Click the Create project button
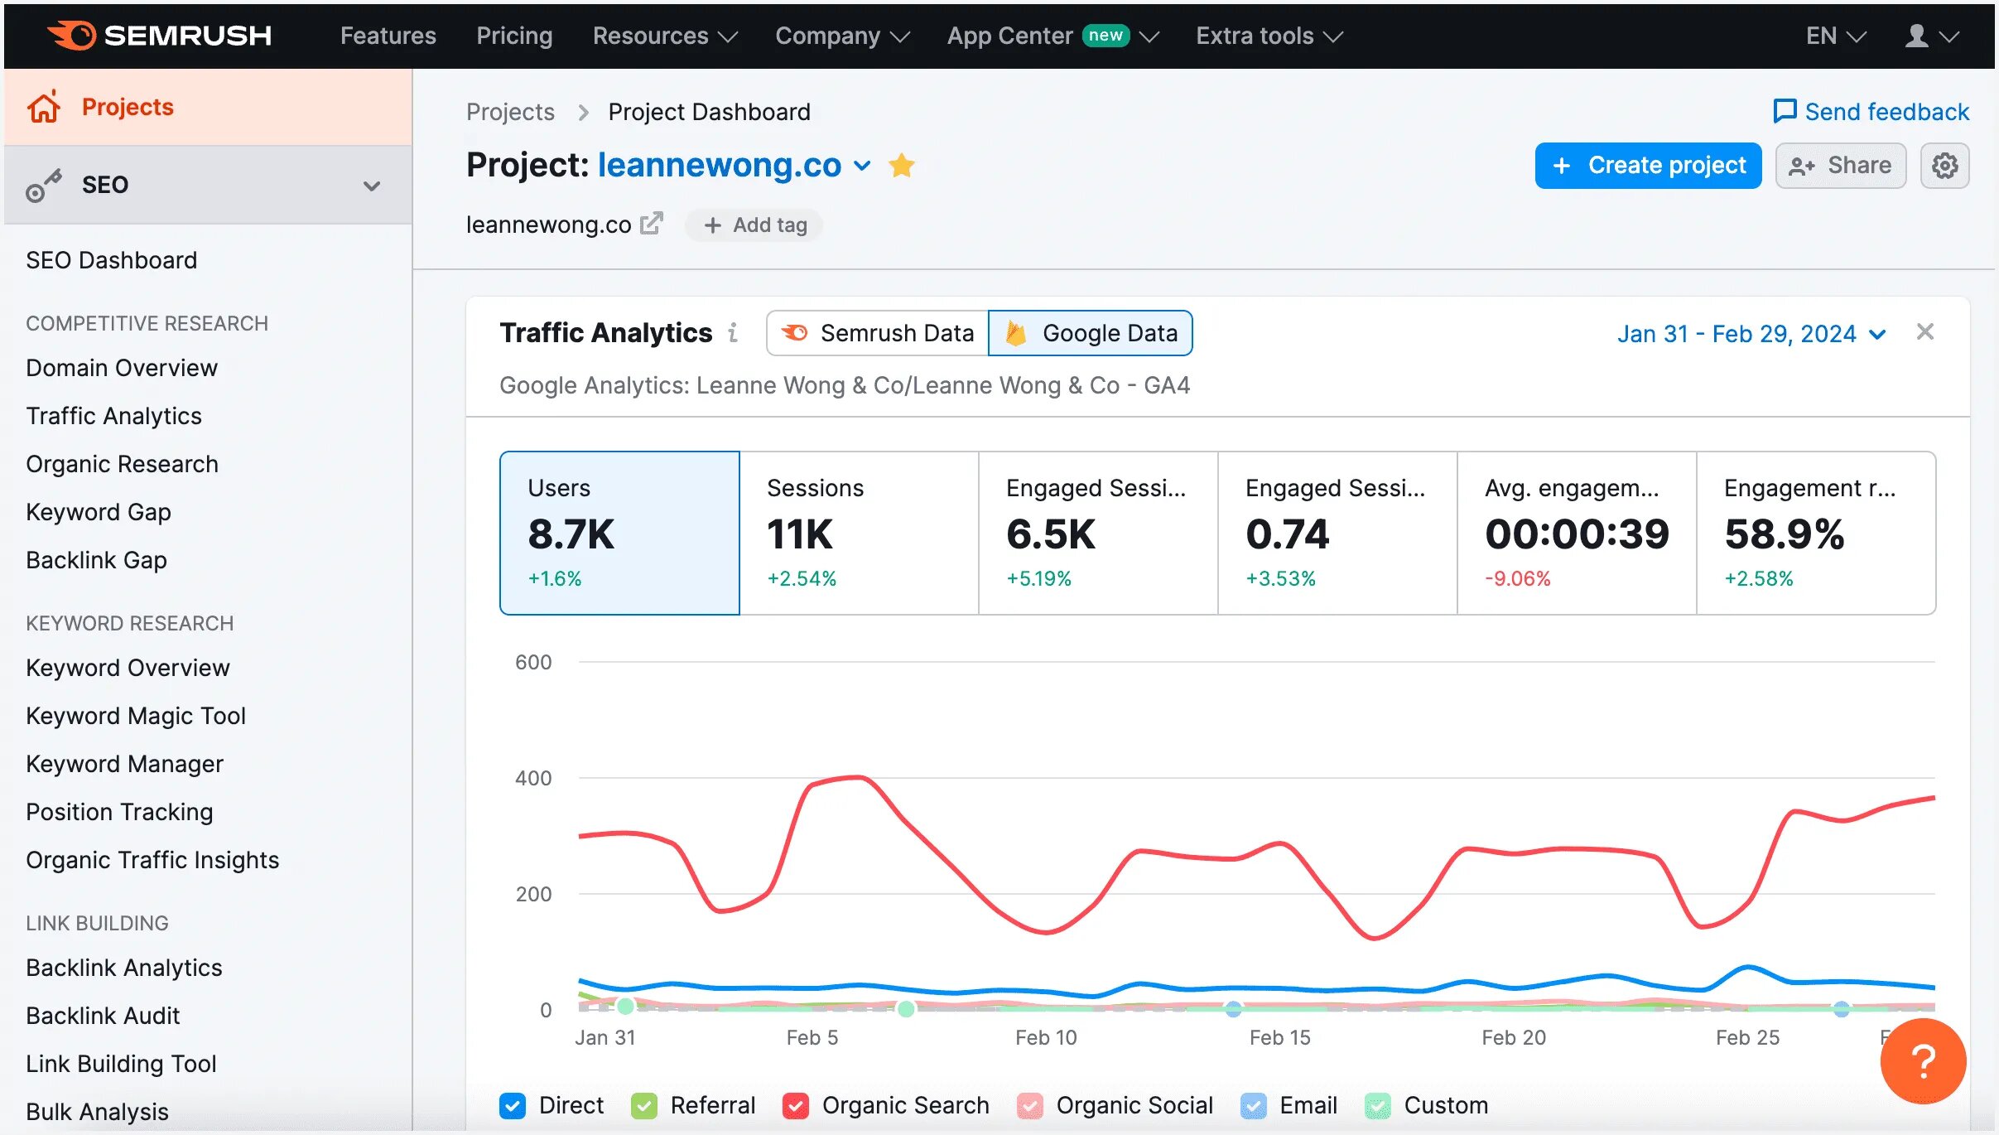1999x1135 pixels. click(1647, 166)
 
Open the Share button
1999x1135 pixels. click(1840, 166)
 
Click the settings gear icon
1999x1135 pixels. click(1944, 166)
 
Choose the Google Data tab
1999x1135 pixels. click(1091, 333)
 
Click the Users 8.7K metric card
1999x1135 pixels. click(619, 533)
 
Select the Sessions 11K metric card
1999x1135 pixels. click(859, 533)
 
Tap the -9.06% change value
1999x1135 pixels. click(1517, 578)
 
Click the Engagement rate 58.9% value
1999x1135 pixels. click(1785, 534)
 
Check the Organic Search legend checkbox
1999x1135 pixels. click(796, 1105)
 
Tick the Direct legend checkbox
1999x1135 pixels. click(513, 1105)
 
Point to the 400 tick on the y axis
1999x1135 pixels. click(532, 778)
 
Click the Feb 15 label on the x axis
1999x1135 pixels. click(1279, 1037)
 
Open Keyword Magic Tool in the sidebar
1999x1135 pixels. click(136, 716)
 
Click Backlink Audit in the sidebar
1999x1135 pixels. click(103, 1016)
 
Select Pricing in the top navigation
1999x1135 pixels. click(514, 36)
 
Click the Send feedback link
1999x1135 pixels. click(1871, 112)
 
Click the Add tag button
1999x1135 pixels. click(754, 225)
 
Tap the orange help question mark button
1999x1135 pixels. click(1922, 1060)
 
